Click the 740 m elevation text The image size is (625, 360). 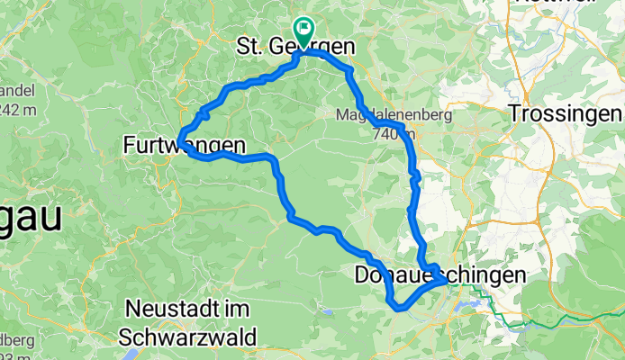tap(388, 133)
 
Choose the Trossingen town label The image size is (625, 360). tap(566, 114)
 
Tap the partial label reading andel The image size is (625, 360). tap(14, 92)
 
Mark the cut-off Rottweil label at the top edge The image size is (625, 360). tap(569, 3)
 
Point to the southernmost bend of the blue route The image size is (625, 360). tap(399, 308)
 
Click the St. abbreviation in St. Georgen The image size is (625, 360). tap(250, 45)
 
